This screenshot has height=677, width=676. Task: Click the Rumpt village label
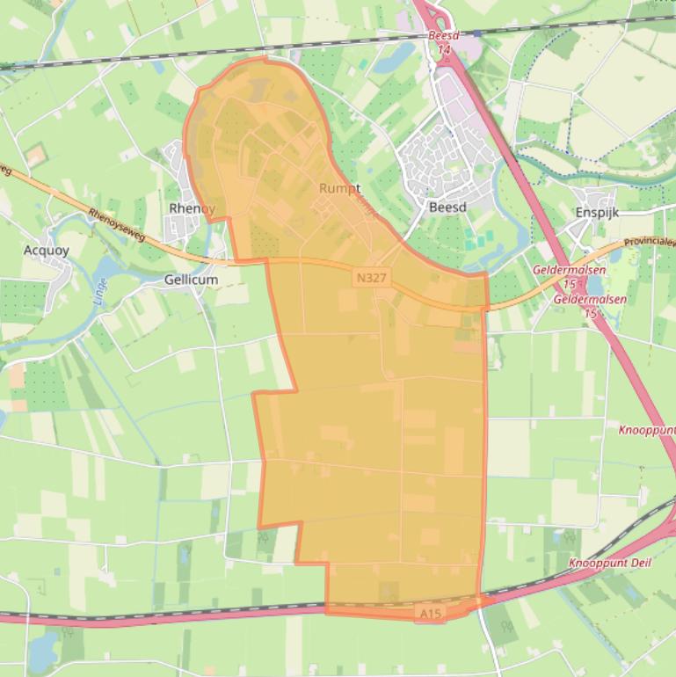click(339, 188)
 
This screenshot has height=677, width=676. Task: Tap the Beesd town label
click(447, 207)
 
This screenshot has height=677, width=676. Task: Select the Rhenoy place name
click(191, 208)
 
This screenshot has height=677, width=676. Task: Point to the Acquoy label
click(46, 250)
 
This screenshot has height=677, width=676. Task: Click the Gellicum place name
click(191, 280)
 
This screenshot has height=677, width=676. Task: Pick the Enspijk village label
click(598, 212)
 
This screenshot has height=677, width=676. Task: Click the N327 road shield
click(371, 278)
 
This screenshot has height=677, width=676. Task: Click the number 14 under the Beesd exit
click(444, 50)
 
